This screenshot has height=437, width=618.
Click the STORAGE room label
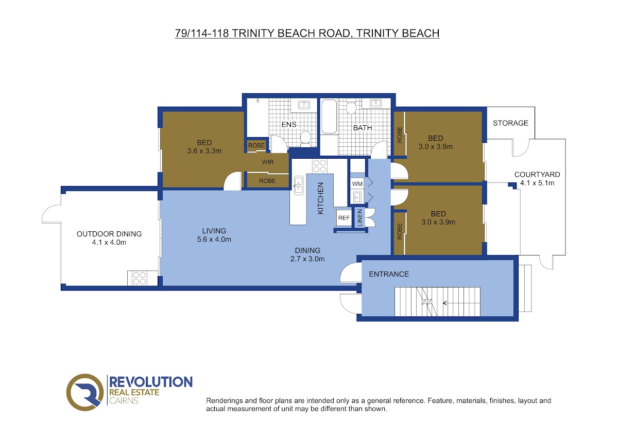pos(510,123)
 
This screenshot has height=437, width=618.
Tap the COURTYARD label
pos(537,175)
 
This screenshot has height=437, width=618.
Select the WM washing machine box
pos(357,184)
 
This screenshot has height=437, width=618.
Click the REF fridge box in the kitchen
pos(344,218)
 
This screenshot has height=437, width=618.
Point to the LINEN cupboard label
pos(359,218)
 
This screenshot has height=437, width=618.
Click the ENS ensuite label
pos(289,125)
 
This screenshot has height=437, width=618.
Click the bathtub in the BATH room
pos(329,116)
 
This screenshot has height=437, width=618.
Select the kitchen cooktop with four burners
pos(319,166)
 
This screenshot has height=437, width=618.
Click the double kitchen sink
pos(299,185)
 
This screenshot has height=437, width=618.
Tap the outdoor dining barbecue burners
pos(140,278)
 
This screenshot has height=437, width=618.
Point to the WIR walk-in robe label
pos(268,162)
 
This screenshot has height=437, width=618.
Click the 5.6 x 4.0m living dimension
pos(214,239)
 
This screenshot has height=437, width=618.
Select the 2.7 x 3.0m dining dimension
pos(307,259)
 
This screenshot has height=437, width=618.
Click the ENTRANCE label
pos(389,274)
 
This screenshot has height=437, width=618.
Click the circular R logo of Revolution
pos(84,392)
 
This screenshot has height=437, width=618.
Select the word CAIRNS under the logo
pos(124,400)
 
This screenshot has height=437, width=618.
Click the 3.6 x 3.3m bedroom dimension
pos(204,151)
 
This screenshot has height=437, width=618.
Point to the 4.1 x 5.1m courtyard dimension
pos(537,183)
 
